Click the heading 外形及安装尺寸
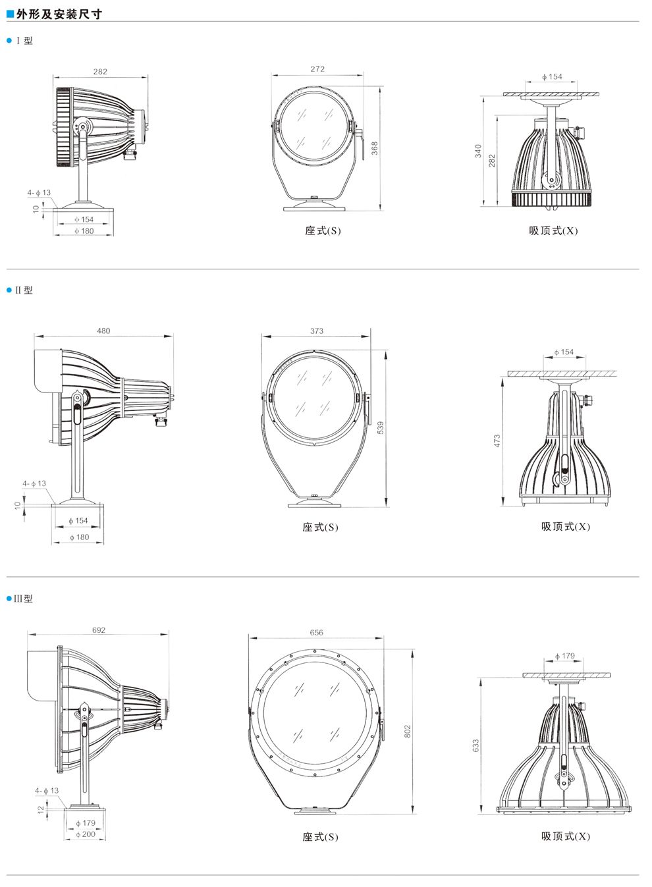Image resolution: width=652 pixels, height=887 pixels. coord(59,14)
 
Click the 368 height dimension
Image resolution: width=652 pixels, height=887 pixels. coord(375,148)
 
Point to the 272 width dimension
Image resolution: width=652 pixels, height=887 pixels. coord(317,68)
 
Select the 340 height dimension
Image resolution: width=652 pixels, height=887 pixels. coord(478,151)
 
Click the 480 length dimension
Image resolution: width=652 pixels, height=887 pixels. coord(103,331)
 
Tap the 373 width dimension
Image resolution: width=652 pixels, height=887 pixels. coord(317,331)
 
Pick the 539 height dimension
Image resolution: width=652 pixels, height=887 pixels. coord(381,428)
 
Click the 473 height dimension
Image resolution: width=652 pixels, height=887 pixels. coord(497,441)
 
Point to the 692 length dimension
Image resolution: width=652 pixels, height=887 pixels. coord(99,630)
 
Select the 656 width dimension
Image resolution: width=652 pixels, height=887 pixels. coord(317,632)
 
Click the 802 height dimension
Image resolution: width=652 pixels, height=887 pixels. coord(408,732)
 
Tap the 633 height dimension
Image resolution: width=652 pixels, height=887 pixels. coord(475,745)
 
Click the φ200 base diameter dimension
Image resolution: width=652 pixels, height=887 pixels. coord(86,834)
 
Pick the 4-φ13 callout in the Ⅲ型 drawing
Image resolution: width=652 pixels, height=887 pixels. coord(47,790)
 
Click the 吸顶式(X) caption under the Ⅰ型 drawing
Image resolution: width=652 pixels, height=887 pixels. coord(553,230)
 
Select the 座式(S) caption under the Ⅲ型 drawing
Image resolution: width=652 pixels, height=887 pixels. coord(320,836)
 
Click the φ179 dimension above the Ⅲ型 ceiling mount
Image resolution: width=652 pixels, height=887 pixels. coord(564,656)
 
